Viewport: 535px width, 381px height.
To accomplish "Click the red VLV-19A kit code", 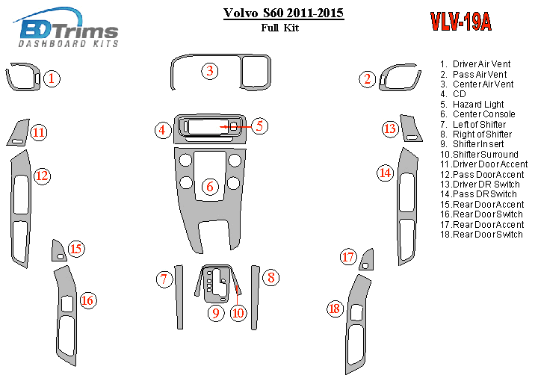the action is [460, 22].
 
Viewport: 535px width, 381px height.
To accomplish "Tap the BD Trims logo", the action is [67, 28].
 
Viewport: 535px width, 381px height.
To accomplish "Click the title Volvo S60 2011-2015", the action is [283, 13].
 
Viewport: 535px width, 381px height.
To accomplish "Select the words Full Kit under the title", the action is [280, 28].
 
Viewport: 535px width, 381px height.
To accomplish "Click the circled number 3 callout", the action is [210, 71].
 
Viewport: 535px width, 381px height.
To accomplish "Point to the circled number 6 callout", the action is [210, 186].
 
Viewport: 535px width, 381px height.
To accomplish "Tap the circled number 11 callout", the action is [39, 132].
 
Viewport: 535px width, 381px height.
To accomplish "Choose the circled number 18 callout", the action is [335, 309].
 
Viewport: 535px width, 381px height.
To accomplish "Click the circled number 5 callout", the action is [259, 126].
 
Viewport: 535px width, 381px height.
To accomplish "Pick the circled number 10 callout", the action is [238, 313].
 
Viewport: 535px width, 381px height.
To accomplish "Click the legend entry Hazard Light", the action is [472, 105].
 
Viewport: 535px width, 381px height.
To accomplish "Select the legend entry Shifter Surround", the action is [479, 154].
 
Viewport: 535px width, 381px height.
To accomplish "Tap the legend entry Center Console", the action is [477, 114].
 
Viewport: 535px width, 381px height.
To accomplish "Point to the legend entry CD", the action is [453, 94].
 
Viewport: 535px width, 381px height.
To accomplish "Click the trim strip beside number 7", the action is [179, 297].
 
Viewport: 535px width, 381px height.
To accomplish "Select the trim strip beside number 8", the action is [255, 297].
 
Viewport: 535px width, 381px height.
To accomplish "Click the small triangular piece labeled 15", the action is [58, 252].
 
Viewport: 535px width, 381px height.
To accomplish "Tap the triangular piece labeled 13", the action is [410, 129].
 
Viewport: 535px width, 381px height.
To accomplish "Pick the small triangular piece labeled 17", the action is [367, 261].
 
